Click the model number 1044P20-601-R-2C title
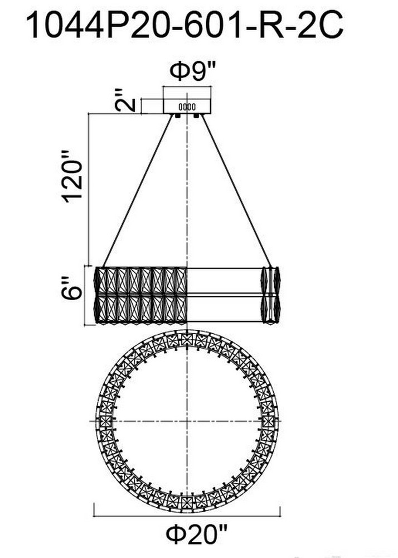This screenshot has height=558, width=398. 185,25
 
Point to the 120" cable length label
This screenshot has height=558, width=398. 73,176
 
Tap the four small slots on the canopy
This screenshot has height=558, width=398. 187,107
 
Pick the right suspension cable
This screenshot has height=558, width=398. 236,190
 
